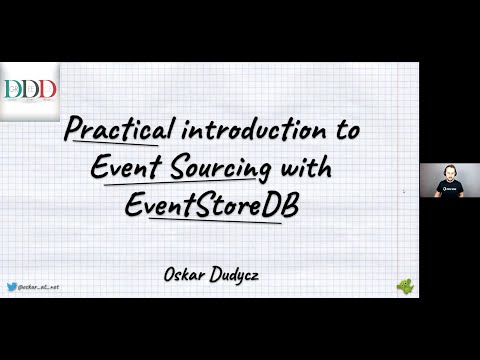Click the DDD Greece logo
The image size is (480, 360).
click(x=29, y=91)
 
